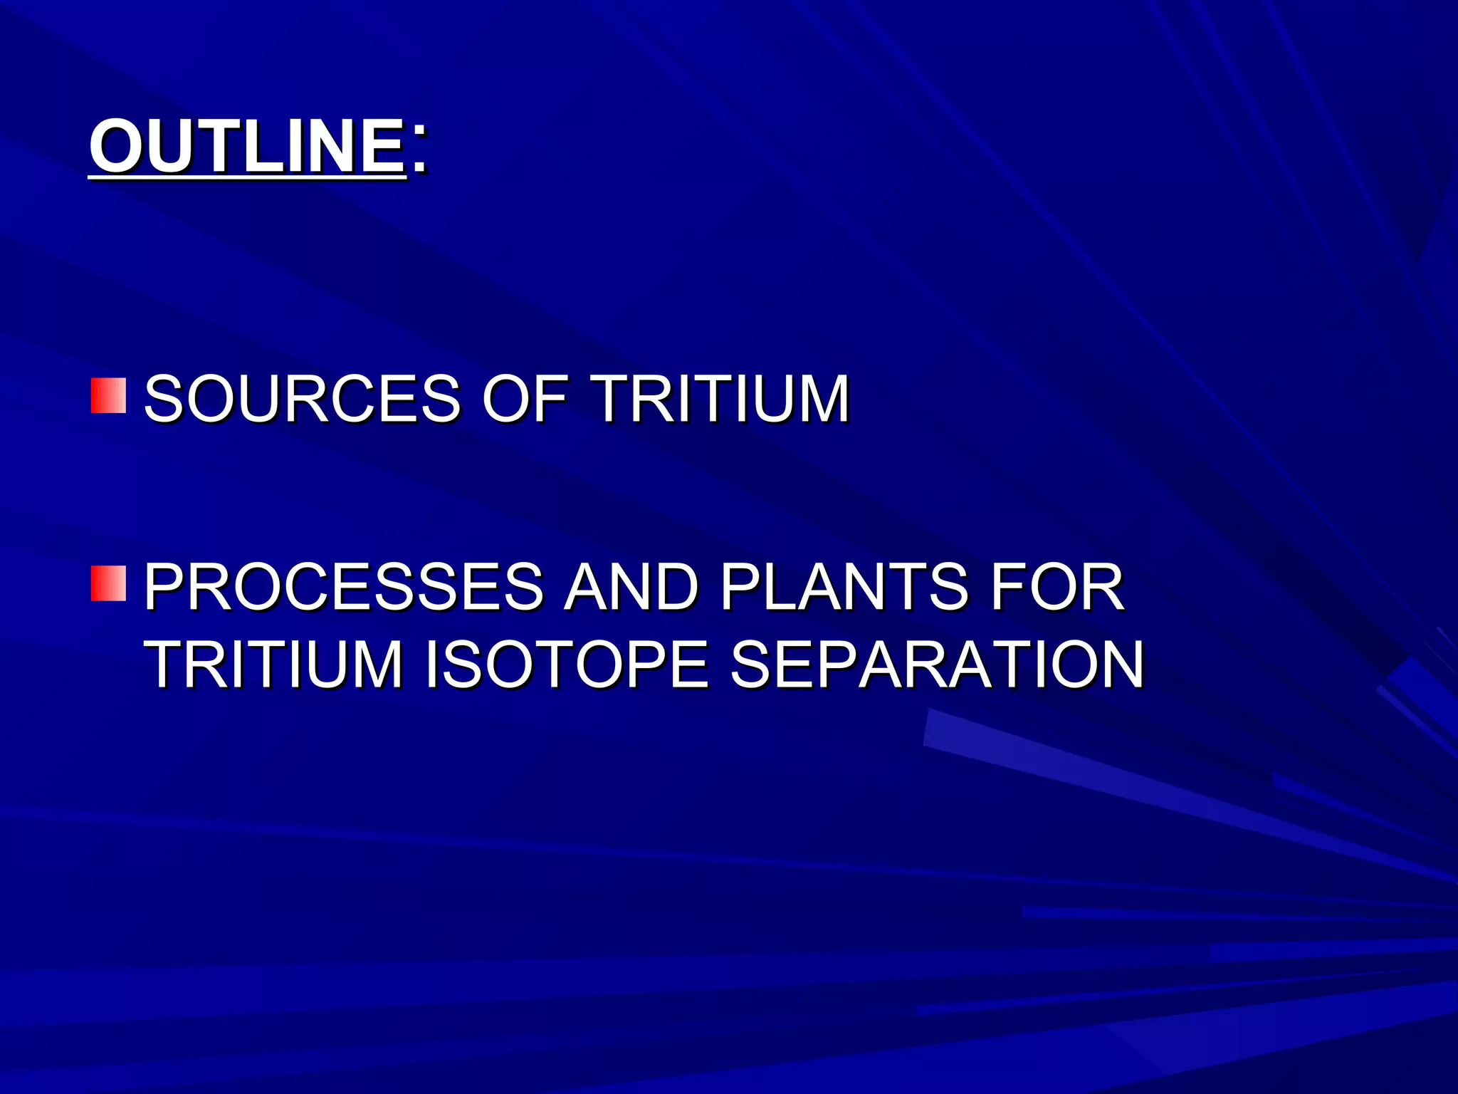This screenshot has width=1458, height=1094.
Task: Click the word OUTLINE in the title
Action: pyautogui.click(x=247, y=146)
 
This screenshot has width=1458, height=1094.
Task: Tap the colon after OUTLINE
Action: pyautogui.click(x=419, y=150)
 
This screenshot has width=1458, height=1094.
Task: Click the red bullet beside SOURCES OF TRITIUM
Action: pyautogui.click(x=108, y=396)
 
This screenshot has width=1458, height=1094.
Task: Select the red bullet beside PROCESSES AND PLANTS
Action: pyautogui.click(x=108, y=584)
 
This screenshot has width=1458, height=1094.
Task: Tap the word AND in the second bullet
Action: pyautogui.click(x=631, y=587)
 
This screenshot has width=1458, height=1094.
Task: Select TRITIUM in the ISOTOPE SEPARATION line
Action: pyautogui.click(x=273, y=665)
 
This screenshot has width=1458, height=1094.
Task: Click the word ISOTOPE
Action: pyautogui.click(x=567, y=665)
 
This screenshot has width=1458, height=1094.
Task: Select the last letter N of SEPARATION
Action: pyautogui.click(x=1117, y=665)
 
